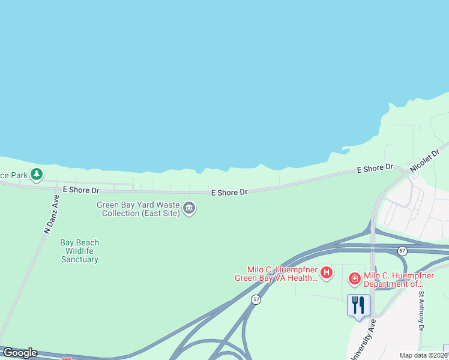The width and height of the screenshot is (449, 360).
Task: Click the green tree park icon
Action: (37, 174)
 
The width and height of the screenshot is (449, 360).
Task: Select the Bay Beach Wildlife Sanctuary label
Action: (79, 251)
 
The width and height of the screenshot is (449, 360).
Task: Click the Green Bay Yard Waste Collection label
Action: (138, 209)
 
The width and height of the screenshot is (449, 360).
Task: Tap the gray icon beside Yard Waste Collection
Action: (189, 208)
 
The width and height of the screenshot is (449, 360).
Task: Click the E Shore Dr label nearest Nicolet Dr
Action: (375, 169)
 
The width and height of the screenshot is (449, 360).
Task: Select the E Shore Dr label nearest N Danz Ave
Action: (80, 190)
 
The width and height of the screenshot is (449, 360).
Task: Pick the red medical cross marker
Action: (354, 278)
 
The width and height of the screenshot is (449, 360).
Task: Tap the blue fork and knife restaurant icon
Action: (358, 305)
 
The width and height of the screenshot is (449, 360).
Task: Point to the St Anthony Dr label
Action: (421, 311)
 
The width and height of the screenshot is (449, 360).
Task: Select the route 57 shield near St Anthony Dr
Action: (402, 250)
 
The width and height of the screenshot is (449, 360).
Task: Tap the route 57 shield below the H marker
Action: (256, 299)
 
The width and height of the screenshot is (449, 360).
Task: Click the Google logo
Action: (19, 353)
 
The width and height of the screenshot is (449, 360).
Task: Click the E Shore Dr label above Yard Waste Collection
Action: (229, 193)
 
